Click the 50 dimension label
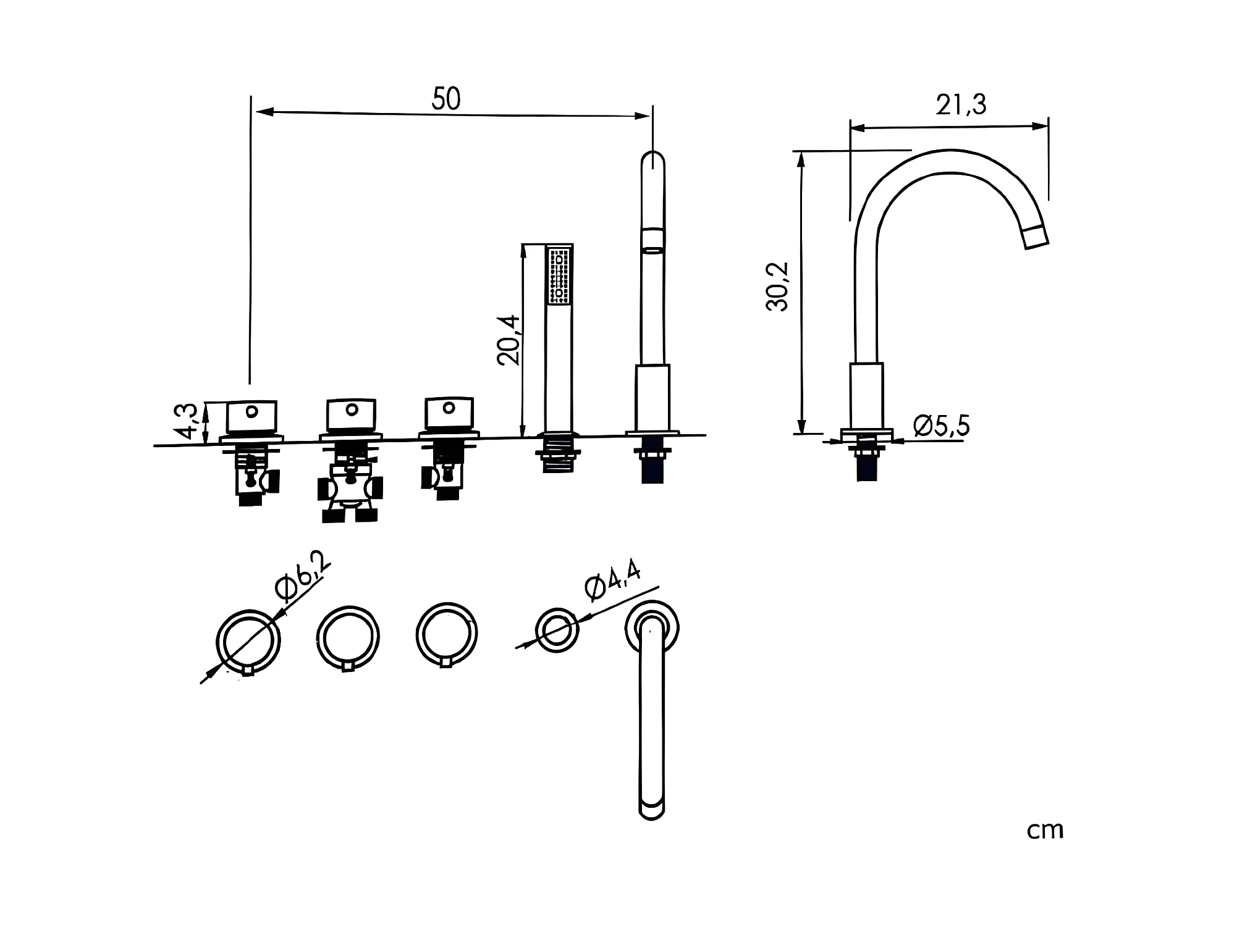coord(445,99)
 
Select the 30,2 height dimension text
coord(778,287)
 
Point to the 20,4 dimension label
coord(510,340)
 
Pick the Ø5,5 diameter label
coord(941,426)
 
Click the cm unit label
coord(1045,831)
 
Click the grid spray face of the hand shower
coord(559,275)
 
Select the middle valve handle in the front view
coord(350,414)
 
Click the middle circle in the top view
coord(348,637)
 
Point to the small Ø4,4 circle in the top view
coord(557,630)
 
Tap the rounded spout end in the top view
coord(652,807)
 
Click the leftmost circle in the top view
coord(248,641)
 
